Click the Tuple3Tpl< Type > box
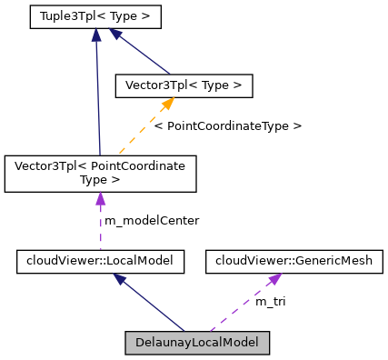tap(95, 16)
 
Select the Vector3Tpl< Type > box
tap(183, 85)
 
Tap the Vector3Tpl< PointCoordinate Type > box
tap(100, 173)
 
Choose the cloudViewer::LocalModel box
tap(101, 262)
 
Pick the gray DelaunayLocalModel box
tap(197, 344)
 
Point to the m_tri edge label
tap(270, 301)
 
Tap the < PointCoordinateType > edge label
tap(227, 125)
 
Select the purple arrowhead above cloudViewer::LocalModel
tap(101, 244)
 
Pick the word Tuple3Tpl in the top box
tap(70, 16)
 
